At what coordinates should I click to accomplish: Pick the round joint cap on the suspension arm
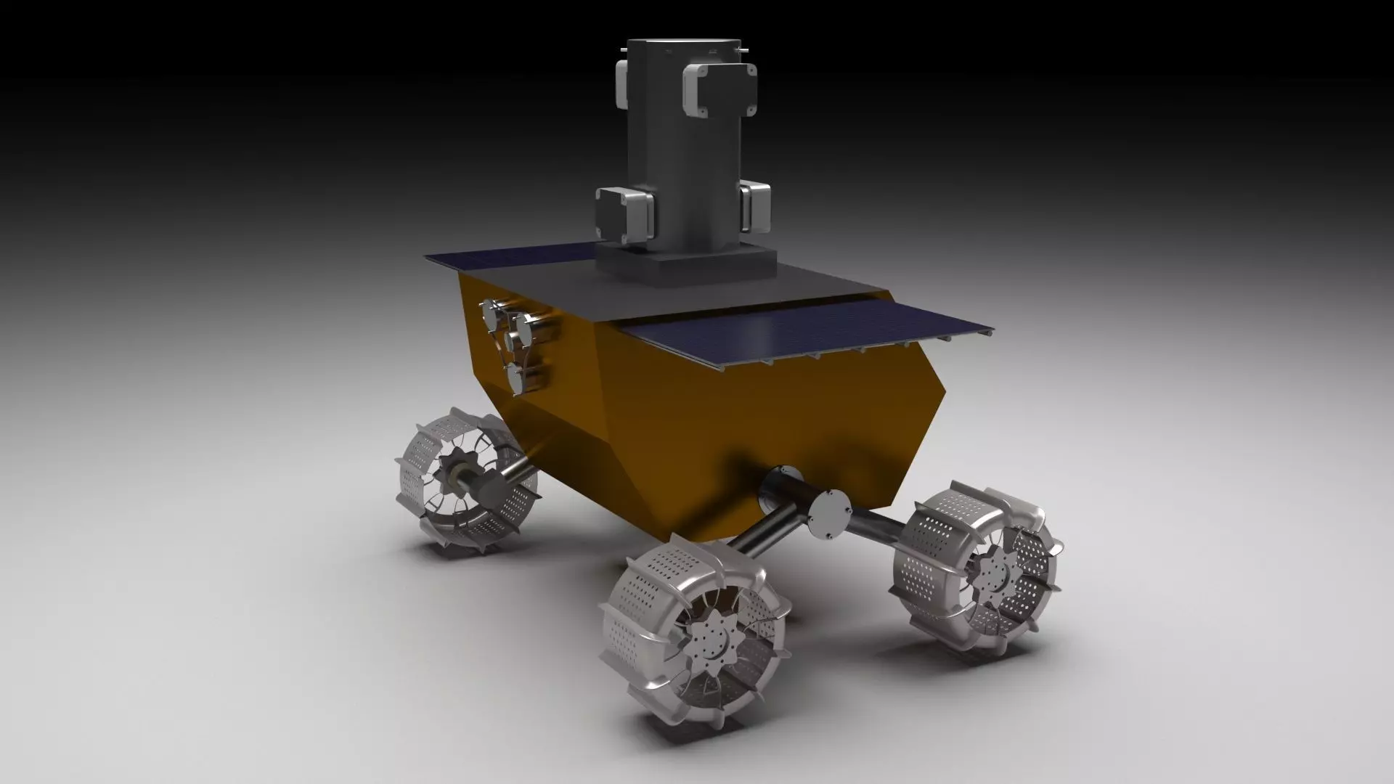(831, 513)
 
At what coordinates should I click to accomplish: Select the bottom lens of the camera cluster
(516, 377)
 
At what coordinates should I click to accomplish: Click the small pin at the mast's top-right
(743, 49)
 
